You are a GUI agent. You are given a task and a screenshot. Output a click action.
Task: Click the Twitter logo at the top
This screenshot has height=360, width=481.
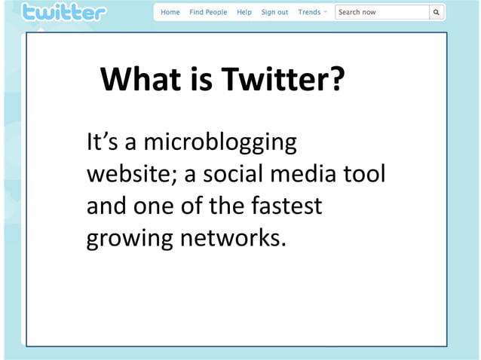(64, 13)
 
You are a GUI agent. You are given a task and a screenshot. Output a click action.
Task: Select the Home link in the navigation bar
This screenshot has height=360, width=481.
(170, 13)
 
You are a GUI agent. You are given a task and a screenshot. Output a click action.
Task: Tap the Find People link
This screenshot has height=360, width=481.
(208, 13)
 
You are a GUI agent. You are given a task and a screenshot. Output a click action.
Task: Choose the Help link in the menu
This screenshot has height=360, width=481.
(244, 13)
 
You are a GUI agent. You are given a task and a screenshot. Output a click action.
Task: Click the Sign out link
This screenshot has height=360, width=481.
(274, 13)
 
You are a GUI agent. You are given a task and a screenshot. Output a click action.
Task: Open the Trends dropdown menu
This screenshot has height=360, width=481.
(311, 13)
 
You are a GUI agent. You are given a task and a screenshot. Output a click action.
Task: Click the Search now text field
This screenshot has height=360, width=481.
(381, 13)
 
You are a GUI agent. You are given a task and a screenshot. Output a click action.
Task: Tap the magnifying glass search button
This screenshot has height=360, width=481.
(436, 13)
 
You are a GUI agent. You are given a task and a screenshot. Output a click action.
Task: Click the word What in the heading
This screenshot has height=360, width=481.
(139, 79)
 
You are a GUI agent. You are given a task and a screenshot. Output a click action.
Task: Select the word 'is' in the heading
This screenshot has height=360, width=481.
(201, 79)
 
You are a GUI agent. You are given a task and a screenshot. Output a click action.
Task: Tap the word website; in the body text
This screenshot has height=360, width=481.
(131, 174)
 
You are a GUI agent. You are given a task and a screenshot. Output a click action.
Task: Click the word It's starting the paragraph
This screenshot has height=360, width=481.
(100, 143)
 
